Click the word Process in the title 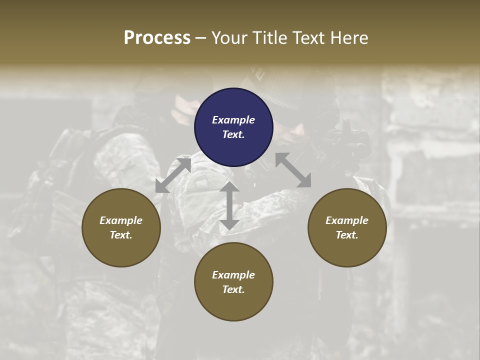[x=157, y=38]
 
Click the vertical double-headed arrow [x=229, y=205]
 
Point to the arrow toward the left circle [x=173, y=175]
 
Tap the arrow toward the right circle [x=293, y=170]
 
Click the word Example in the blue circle [x=233, y=120]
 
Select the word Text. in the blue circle [x=233, y=134]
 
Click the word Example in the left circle [x=121, y=220]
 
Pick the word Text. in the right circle [x=347, y=235]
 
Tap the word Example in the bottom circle [x=233, y=275]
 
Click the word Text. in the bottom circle [x=233, y=289]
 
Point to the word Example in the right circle [x=347, y=220]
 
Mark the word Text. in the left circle [x=121, y=235]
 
